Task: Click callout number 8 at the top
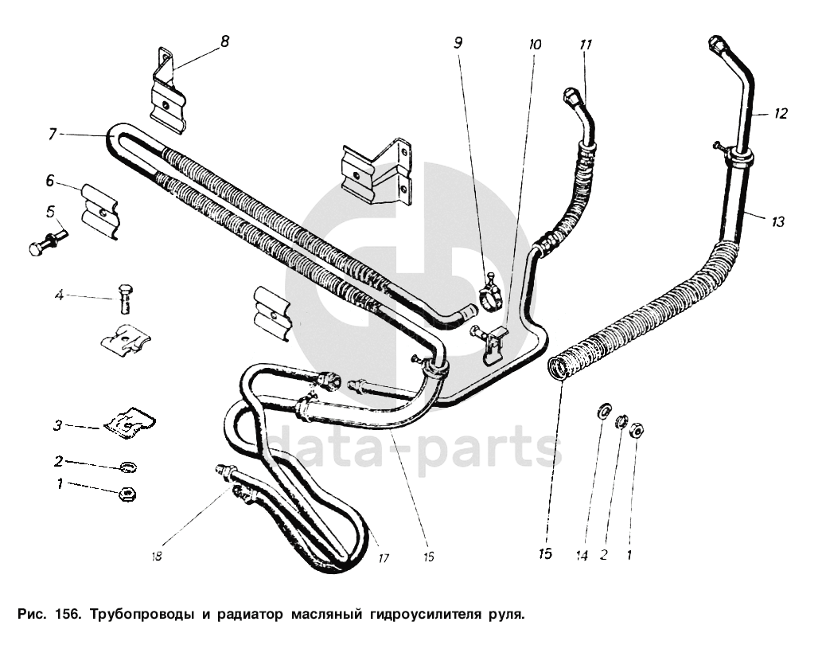224,41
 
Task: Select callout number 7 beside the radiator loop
53,135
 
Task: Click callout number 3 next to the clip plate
58,426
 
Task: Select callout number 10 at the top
534,45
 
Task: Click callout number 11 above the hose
586,45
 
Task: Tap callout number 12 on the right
781,114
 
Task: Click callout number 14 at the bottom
582,556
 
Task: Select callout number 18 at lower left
157,557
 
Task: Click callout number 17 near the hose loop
384,558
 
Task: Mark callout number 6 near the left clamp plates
49,182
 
